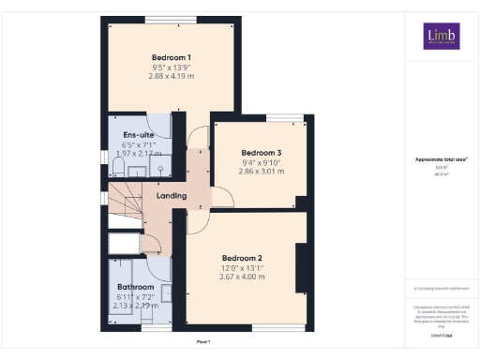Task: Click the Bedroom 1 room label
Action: (172, 56)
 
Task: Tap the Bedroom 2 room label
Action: (241, 257)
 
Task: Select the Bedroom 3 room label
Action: (261, 152)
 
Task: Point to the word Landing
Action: (172, 196)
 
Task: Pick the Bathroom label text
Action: (135, 287)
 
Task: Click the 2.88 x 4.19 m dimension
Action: (172, 77)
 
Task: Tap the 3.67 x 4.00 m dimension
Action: (241, 277)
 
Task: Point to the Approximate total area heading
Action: (441, 159)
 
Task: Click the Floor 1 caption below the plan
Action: (203, 341)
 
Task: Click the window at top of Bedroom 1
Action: (172, 20)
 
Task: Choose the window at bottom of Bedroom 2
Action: (277, 327)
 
